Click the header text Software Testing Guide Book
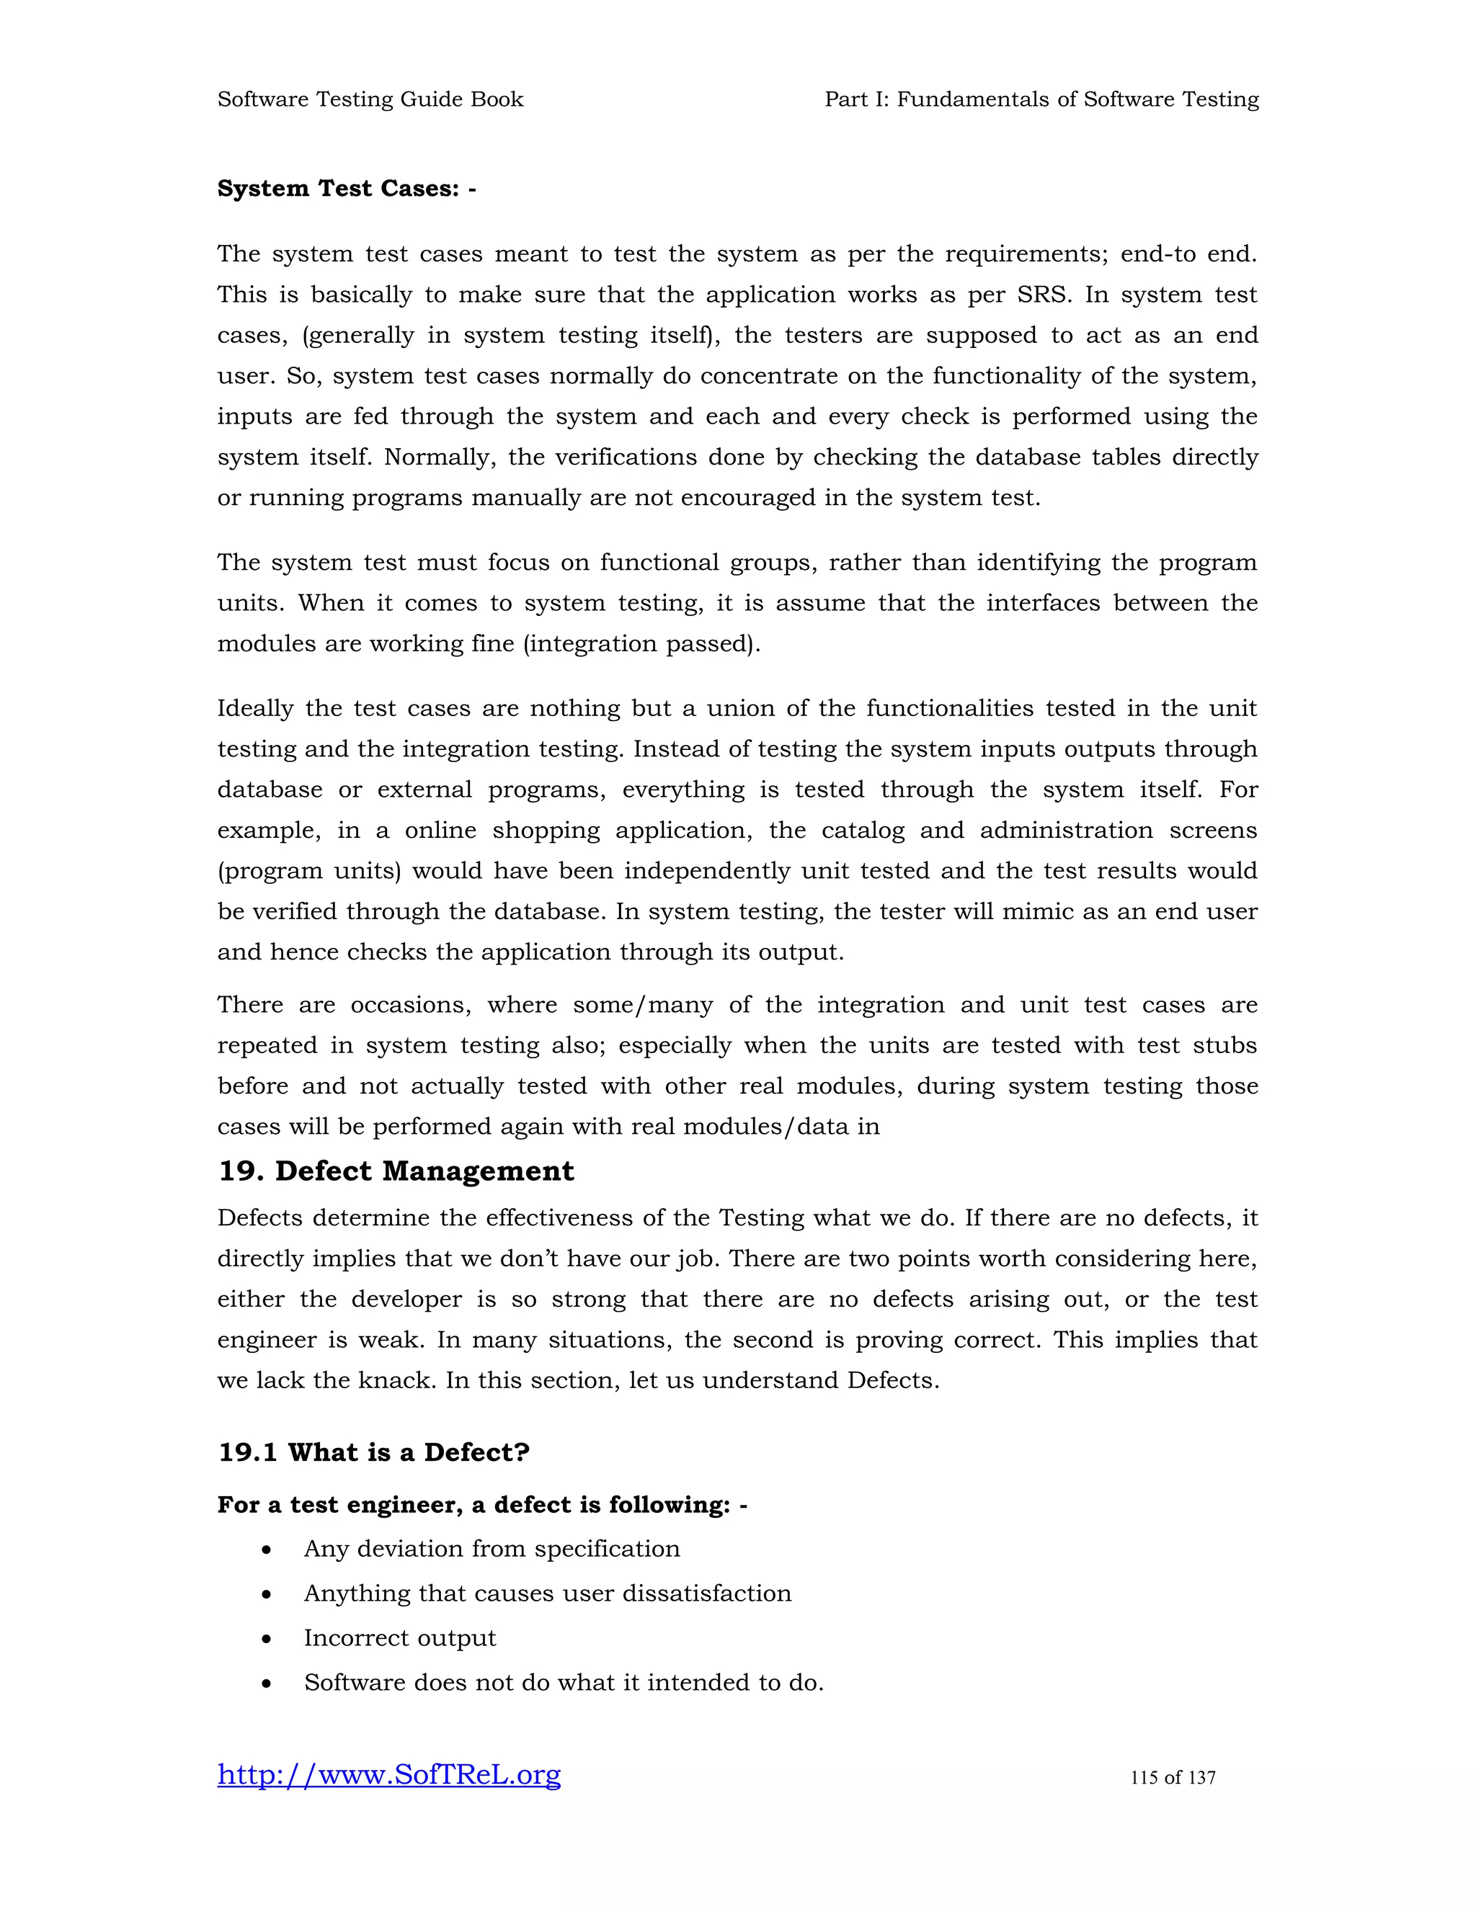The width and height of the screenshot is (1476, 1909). [370, 99]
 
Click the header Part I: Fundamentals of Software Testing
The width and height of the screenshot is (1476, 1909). [1041, 99]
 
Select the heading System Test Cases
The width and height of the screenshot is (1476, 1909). [346, 189]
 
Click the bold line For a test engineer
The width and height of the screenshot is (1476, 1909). [482, 1504]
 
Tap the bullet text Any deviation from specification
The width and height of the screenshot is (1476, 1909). [492, 1549]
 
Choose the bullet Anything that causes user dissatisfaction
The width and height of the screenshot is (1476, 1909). [548, 1593]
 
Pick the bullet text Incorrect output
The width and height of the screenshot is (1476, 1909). [399, 1638]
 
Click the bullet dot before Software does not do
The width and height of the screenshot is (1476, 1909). [267, 1684]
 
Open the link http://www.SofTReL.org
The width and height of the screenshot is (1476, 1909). [389, 1774]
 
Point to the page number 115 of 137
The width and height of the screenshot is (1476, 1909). [1173, 1777]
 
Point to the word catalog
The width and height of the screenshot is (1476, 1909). [862, 831]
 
